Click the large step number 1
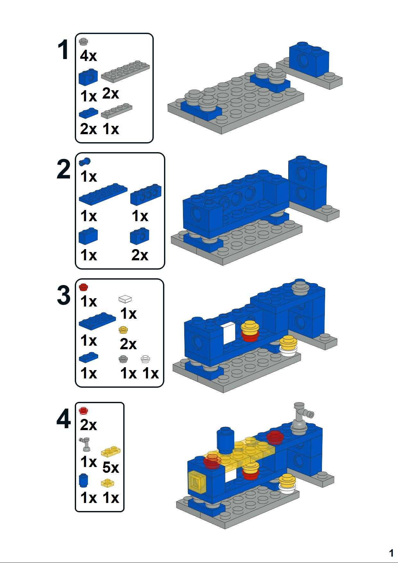click(63, 50)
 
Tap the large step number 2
click(64, 170)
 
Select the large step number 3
click(64, 296)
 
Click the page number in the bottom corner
click(391, 553)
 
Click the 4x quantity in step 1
click(88, 56)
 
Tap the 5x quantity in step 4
click(111, 468)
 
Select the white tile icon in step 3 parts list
click(125, 299)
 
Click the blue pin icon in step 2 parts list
click(85, 161)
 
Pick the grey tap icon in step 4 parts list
click(85, 444)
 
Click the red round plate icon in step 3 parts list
click(83, 287)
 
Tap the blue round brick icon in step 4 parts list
click(83, 481)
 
